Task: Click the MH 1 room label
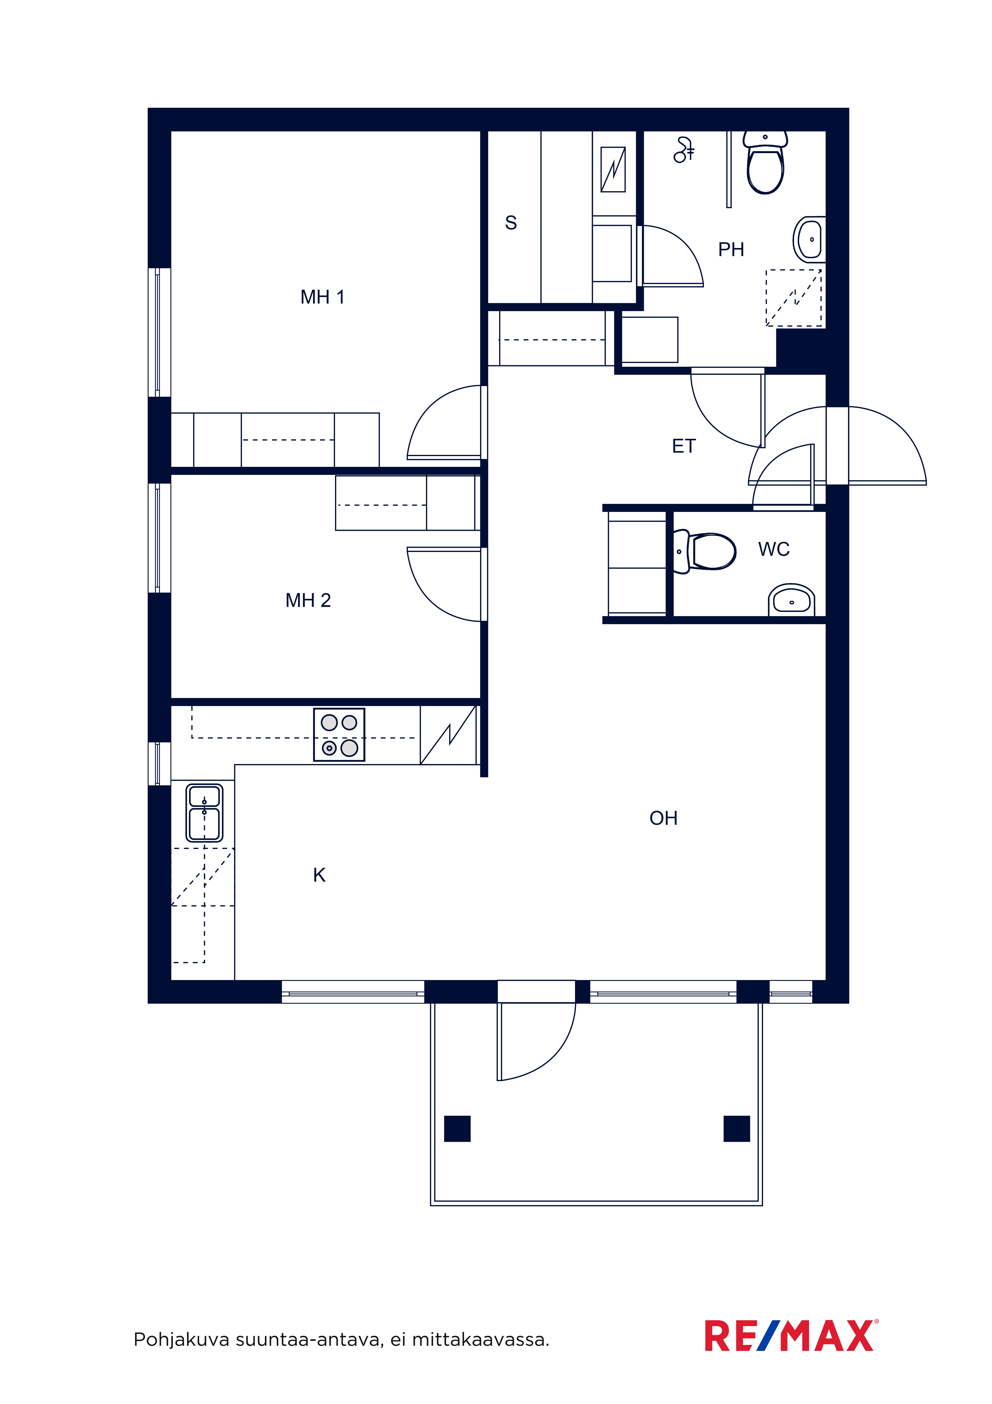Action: [x=323, y=297]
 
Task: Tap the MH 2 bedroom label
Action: [x=308, y=601]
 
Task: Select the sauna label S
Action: [x=511, y=223]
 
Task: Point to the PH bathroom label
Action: [x=731, y=250]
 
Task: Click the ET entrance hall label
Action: [x=684, y=446]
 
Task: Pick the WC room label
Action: [x=774, y=549]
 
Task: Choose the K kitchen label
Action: [x=319, y=875]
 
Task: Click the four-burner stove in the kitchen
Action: [x=339, y=735]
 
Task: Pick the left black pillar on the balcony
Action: [x=457, y=1129]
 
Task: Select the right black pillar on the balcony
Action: [x=736, y=1129]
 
